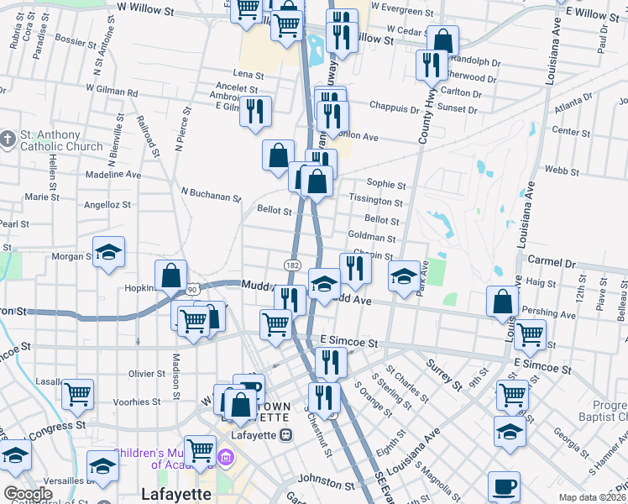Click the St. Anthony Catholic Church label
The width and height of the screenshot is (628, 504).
(x=50, y=140)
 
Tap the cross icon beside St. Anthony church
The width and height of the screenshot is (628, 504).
(x=8, y=138)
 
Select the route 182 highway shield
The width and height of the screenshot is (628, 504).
(x=291, y=265)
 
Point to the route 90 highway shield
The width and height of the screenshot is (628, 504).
(x=193, y=289)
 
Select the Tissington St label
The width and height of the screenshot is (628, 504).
(x=375, y=202)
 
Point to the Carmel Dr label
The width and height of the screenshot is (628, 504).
(x=545, y=262)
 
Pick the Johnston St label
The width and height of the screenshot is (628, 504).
(x=327, y=484)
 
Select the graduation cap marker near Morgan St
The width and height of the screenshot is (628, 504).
(x=108, y=254)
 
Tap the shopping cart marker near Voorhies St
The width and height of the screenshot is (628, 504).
(x=77, y=392)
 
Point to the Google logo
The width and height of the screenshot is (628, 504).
(x=27, y=494)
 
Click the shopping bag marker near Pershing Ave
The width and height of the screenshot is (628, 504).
(x=501, y=302)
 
